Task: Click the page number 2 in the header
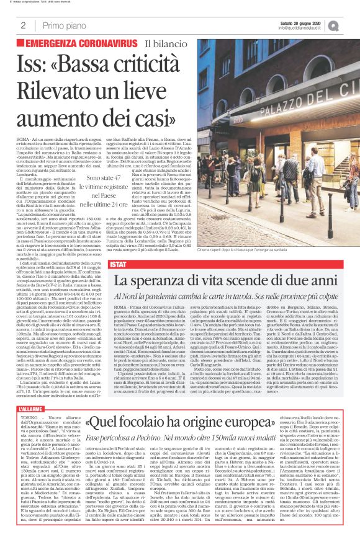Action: pos(23,25)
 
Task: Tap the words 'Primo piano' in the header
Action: pos(61,25)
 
